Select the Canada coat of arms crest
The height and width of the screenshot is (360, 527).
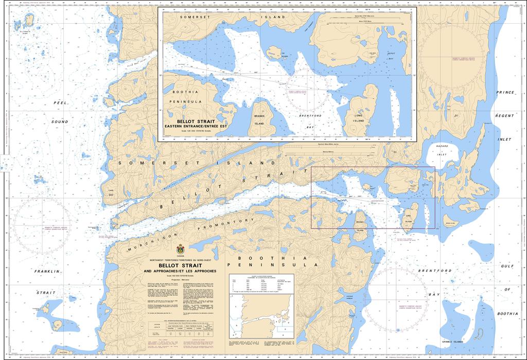click(x=180, y=249)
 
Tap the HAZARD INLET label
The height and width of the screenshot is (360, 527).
click(x=442, y=150)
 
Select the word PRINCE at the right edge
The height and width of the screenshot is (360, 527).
click(x=505, y=93)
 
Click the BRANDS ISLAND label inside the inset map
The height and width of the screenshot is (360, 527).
click(x=258, y=120)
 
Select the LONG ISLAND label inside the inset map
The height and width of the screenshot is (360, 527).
click(x=359, y=117)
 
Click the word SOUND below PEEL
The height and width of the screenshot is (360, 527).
click(x=60, y=122)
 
